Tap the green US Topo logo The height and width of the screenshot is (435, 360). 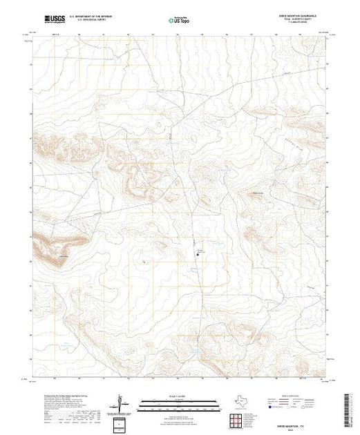tap(180, 21)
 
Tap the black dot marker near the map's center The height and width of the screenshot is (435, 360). tap(198, 253)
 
